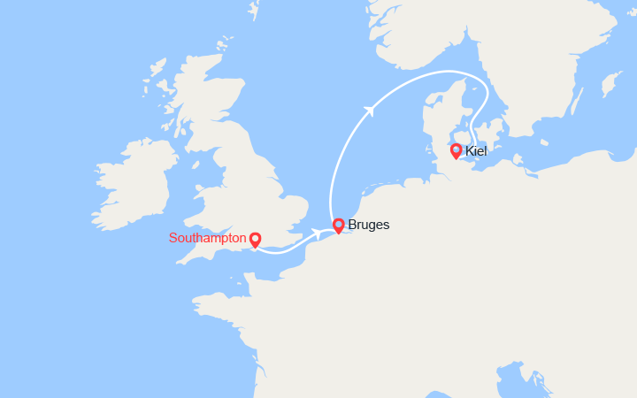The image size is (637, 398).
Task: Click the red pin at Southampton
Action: (x=255, y=239)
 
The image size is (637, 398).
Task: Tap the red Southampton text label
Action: (x=207, y=238)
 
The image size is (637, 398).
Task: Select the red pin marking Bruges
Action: (x=338, y=225)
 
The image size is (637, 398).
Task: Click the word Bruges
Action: (x=369, y=226)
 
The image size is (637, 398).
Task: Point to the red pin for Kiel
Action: (x=456, y=150)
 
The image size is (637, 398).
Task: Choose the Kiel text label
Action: (x=477, y=151)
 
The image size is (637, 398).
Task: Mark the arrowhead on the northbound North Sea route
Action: (x=370, y=110)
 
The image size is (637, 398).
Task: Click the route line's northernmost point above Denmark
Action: (x=442, y=72)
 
